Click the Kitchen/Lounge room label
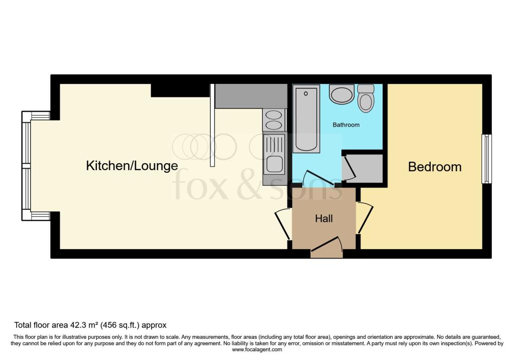pos(132,166)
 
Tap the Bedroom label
pos(435,167)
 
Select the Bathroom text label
pos(346,125)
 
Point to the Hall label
pos(324,219)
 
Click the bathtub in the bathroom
pos(306,118)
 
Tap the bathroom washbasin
pos(341,94)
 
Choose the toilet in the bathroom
pos(365,98)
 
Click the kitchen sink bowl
pos(274,164)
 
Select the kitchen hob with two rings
pos(274,120)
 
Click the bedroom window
pos(486,159)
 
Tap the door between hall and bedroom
pos(364,218)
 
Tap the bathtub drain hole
pos(306,94)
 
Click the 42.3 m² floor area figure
pos(84,325)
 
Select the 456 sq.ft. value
pos(120,325)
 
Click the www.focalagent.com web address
pos(257,349)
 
